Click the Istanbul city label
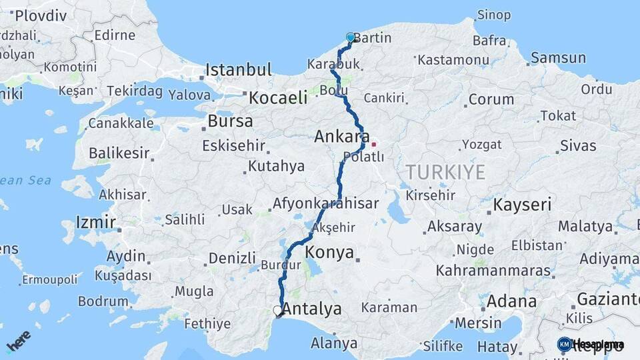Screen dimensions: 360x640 pyautogui.click(x=238, y=69)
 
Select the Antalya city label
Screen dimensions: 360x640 pyautogui.click(x=312, y=309)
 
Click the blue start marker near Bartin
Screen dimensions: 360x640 pyautogui.click(x=351, y=37)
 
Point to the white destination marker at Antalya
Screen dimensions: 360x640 pyautogui.click(x=278, y=311)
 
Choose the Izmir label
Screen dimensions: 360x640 pyautogui.click(x=96, y=222)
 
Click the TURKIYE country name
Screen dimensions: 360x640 pyautogui.click(x=445, y=172)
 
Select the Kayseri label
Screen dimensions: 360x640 pyautogui.click(x=522, y=204)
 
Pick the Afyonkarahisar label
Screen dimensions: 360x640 pyautogui.click(x=325, y=203)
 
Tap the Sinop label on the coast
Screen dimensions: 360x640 pyautogui.click(x=494, y=15)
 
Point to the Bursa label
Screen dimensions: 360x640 pyautogui.click(x=230, y=121)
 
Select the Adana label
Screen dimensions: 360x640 pyautogui.click(x=511, y=301)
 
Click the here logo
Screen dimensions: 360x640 pyautogui.click(x=19, y=340)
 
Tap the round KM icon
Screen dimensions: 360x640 pyautogui.click(x=564, y=344)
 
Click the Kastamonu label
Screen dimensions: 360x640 pyautogui.click(x=453, y=60)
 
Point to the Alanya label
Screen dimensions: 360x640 pyautogui.click(x=333, y=344)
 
